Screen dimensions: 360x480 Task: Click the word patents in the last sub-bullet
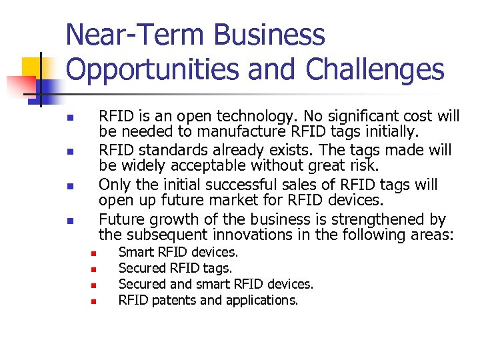pos(173,300)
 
